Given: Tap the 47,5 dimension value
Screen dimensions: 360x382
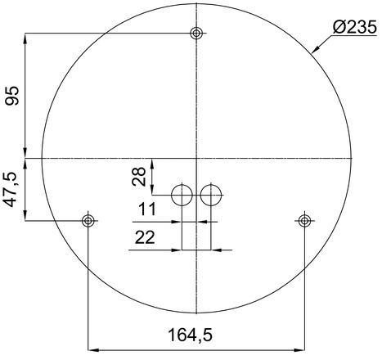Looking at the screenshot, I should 12,190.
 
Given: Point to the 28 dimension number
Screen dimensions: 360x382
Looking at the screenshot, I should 140,175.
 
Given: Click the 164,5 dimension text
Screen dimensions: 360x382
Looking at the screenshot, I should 196,335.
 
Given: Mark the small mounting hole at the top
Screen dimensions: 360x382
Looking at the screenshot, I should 196,34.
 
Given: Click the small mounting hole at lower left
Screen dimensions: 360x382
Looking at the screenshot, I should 88,220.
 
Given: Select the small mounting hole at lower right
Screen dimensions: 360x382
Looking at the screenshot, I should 305,220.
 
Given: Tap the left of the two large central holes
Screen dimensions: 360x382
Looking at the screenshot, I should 182,195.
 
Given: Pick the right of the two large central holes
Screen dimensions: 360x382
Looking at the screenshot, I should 211,195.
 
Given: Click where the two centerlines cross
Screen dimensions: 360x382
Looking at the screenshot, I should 196,157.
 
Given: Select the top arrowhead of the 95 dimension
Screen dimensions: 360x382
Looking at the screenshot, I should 27,38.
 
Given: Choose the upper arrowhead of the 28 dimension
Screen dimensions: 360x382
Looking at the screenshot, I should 154,161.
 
